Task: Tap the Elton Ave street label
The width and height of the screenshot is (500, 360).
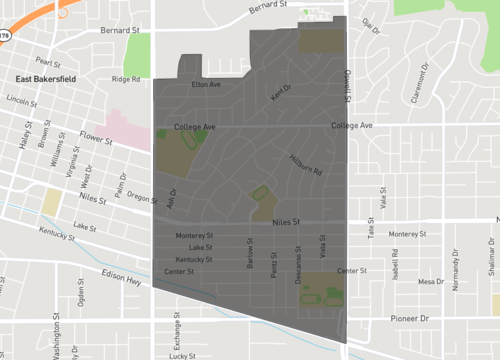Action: tap(206, 85)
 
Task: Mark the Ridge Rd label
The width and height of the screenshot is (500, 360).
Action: tap(126, 79)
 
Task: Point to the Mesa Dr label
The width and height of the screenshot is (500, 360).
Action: tap(431, 282)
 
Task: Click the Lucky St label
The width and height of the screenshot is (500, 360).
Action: tap(181, 355)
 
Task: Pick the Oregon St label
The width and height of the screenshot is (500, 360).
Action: tap(142, 199)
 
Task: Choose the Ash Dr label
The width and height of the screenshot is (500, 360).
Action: tap(171, 198)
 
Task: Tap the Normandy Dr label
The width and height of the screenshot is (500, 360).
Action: tap(455, 272)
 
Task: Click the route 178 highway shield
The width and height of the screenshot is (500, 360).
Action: tap(5, 34)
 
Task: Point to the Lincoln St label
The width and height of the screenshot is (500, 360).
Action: tap(21, 101)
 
